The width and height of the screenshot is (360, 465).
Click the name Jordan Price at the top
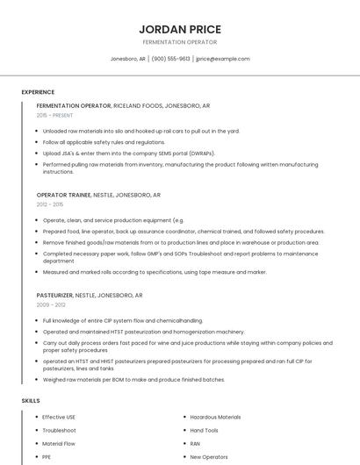click(180, 29)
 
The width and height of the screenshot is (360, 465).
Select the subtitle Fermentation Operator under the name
click(180, 42)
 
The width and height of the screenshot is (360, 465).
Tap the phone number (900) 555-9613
click(170, 59)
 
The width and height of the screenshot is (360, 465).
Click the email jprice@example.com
click(223, 59)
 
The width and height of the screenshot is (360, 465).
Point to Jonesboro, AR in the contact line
click(128, 59)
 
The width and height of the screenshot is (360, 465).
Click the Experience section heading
click(38, 92)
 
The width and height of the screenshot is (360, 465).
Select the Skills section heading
click(31, 401)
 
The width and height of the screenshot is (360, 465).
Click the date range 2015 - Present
click(54, 115)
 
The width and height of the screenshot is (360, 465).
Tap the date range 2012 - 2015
click(49, 204)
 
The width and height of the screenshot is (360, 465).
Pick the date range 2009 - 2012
click(51, 305)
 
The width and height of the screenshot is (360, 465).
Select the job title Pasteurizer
click(54, 296)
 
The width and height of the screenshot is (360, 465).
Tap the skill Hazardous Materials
click(215, 417)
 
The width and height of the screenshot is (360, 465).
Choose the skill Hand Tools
click(205, 431)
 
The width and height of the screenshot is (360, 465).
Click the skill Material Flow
click(60, 444)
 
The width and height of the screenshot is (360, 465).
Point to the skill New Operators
click(209, 457)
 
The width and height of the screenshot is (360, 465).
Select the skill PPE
click(47, 457)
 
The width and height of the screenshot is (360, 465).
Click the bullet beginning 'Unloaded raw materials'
click(140, 131)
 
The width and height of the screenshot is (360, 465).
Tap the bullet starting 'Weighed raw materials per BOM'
click(133, 380)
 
